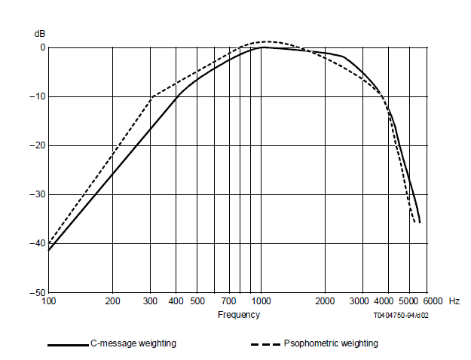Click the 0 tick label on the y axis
pyautogui.click(x=42, y=47)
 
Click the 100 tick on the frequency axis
pyautogui.click(x=49, y=301)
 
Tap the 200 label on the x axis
pyautogui.click(x=112, y=301)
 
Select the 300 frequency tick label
pyautogui.click(x=150, y=301)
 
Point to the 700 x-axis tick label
pyautogui.click(x=230, y=301)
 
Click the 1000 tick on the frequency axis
pyautogui.click(x=261, y=301)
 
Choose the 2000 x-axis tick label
pyautogui.click(x=325, y=301)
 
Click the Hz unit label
pyautogui.click(x=454, y=301)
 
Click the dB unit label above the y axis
pyautogui.click(x=40, y=34)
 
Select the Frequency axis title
pyautogui.click(x=239, y=315)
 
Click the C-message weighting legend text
pyautogui.click(x=133, y=343)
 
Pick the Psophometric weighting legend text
pyautogui.click(x=331, y=343)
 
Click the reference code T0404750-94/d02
pyautogui.click(x=402, y=316)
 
